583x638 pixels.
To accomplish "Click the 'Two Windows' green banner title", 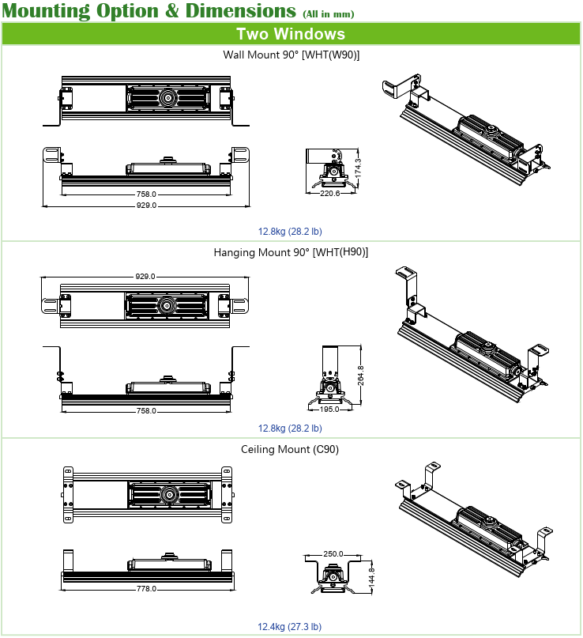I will [291, 34].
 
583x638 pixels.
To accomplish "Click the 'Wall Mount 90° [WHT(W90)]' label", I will [291, 55].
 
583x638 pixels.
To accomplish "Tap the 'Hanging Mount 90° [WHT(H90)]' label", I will [291, 252].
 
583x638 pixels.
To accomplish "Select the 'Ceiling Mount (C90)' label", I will [290, 449].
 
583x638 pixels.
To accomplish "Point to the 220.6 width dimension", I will [329, 193].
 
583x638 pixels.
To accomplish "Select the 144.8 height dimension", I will [370, 578].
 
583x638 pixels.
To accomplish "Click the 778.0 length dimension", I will [146, 589].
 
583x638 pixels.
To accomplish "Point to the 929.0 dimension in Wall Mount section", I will [146, 205].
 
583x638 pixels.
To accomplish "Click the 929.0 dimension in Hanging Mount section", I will [145, 277].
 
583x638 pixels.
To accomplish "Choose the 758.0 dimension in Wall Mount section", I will [146, 194].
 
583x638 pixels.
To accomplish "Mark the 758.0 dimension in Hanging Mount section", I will [146, 411].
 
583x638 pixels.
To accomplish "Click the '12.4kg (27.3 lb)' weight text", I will [290, 627].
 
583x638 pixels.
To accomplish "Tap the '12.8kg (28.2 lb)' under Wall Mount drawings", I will [290, 232].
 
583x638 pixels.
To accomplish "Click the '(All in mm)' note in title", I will [328, 14].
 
